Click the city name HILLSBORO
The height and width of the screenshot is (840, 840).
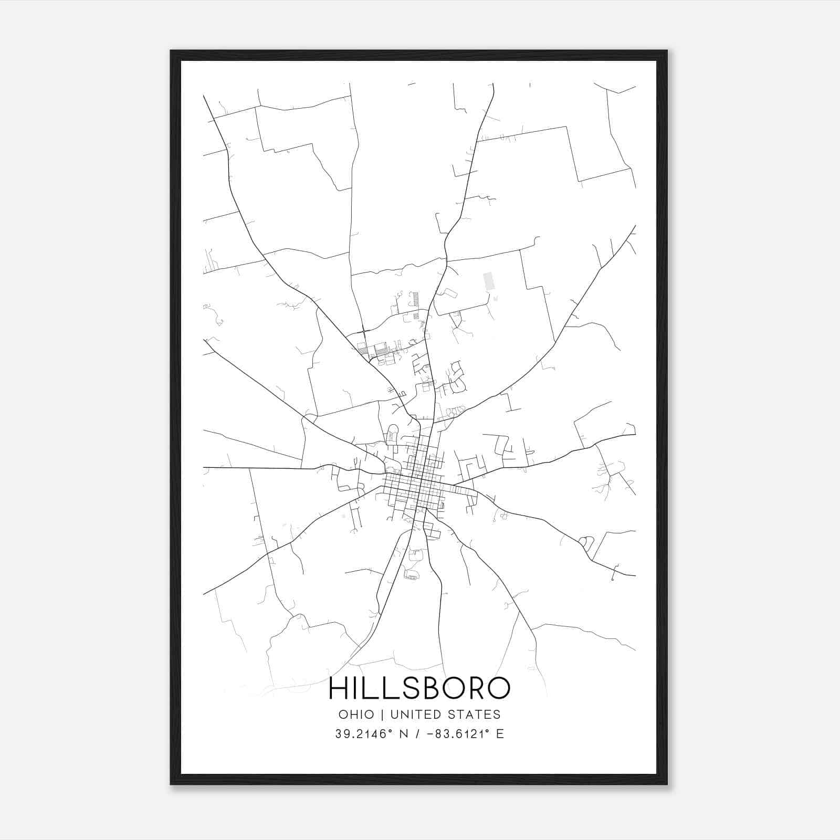[419, 688]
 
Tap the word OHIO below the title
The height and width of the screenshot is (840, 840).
[356, 715]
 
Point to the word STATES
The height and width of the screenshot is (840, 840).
[474, 715]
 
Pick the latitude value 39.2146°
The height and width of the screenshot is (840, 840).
[364, 734]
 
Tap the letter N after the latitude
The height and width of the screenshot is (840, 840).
[404, 734]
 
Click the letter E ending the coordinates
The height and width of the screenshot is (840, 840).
[500, 734]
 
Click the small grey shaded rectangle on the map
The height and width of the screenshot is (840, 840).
[489, 281]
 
